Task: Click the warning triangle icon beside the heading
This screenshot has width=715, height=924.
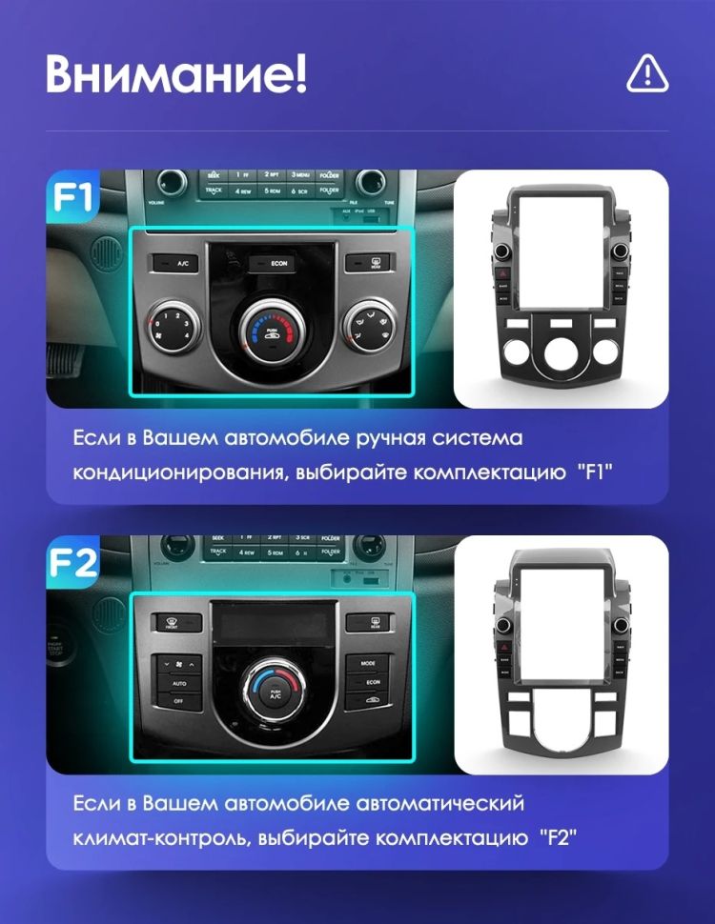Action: click(x=647, y=74)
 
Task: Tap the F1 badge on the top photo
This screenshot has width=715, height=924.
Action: click(x=72, y=197)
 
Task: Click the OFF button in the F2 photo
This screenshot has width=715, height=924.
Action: click(x=177, y=700)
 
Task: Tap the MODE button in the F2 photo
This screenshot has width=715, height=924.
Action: click(x=368, y=662)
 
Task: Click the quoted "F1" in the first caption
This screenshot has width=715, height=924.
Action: click(x=594, y=472)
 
